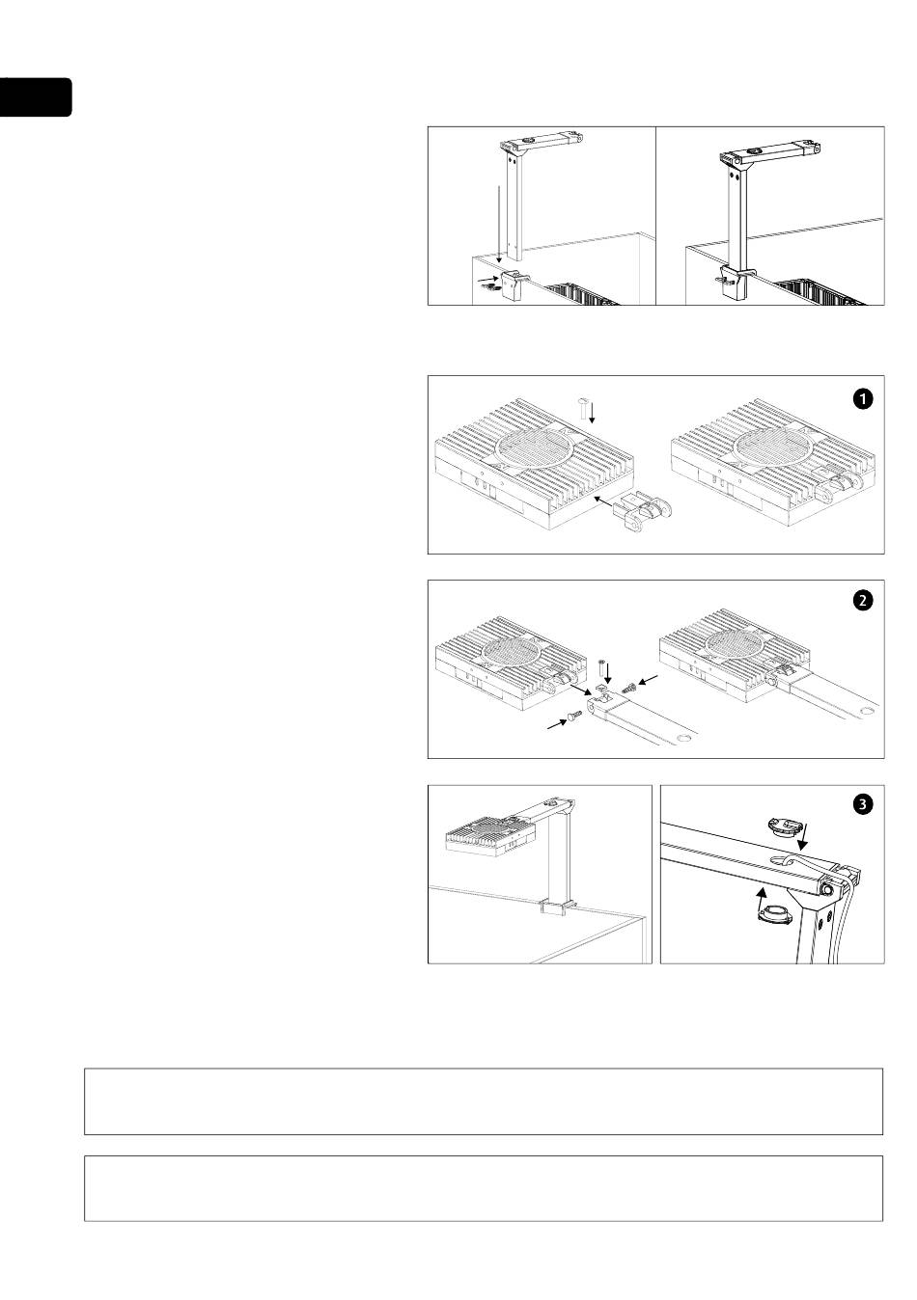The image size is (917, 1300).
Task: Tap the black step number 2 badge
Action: [x=862, y=601]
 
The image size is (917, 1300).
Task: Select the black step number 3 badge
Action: [x=862, y=804]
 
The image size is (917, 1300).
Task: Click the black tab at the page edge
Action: [x=35, y=97]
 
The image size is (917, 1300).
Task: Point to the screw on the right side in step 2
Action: [x=631, y=687]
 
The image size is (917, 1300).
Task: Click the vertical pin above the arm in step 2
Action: [x=601, y=666]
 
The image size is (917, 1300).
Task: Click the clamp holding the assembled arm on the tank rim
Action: [x=557, y=907]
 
